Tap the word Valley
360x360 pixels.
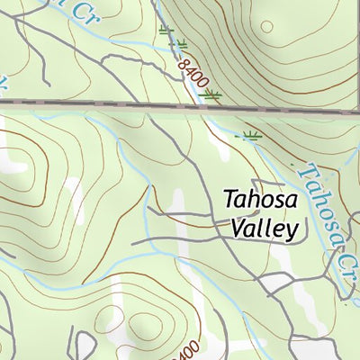(262, 229)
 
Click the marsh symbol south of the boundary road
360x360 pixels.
(251, 136)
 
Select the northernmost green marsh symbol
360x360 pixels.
(165, 31)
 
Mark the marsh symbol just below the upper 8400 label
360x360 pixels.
(212, 94)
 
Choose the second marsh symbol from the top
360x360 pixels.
(181, 42)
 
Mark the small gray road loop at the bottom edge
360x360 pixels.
(85, 345)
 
